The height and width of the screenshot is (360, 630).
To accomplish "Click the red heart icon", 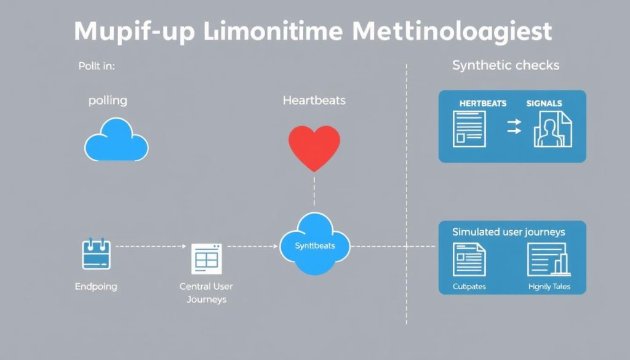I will [314, 146].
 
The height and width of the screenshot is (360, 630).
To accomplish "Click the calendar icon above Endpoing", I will [96, 254].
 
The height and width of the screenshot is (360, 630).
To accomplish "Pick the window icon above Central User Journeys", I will [205, 258].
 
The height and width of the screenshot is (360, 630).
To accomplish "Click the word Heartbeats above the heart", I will [314, 100].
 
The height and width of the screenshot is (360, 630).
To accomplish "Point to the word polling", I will [108, 101].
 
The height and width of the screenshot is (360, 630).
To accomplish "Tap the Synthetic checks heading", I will [506, 65].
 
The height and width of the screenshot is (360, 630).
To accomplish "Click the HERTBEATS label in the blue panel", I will [482, 103].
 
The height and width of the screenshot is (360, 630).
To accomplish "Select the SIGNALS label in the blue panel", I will [544, 103].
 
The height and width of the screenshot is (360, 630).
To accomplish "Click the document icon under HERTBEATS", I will [469, 129].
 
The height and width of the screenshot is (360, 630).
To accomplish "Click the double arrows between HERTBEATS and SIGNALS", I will [513, 127].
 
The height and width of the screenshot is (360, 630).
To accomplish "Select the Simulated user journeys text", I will [509, 232].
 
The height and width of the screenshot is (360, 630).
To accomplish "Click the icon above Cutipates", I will [469, 259].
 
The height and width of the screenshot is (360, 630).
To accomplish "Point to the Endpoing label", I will [96, 286].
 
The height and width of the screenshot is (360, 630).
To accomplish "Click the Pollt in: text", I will [97, 66].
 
